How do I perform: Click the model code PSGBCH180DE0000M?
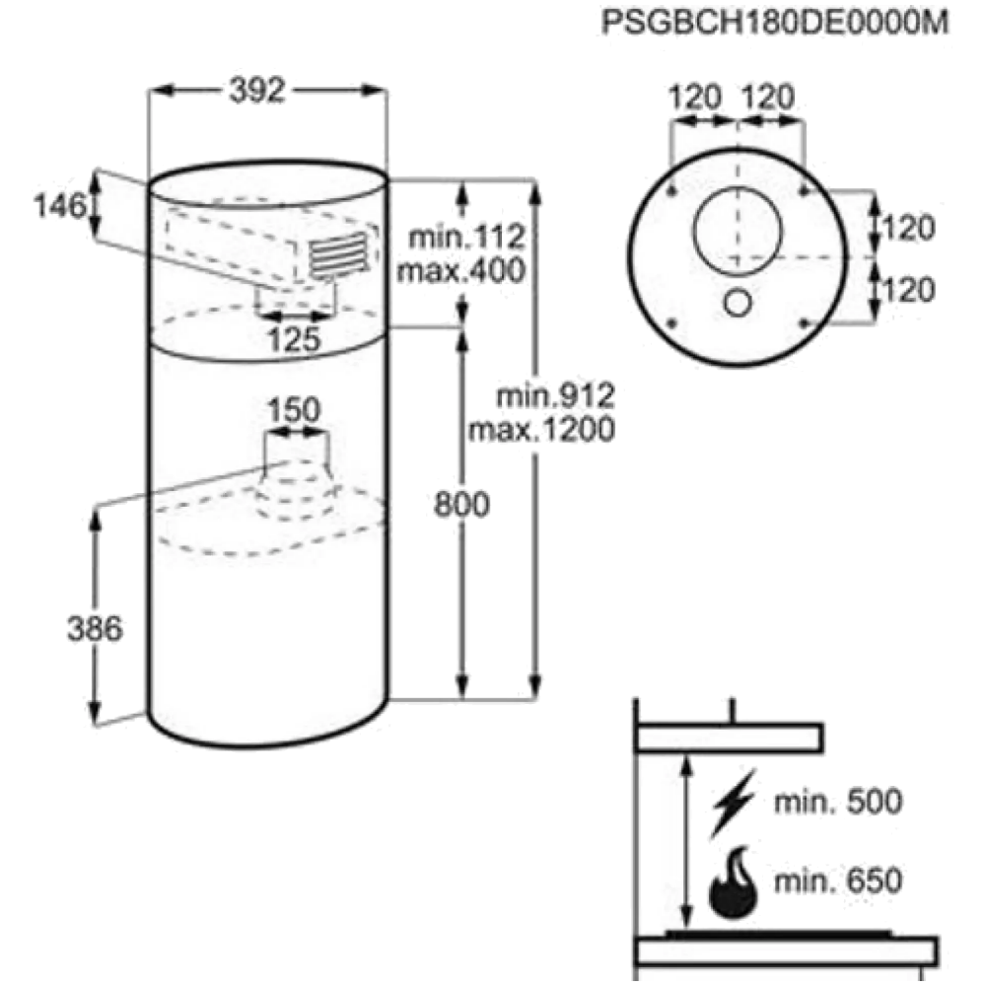[775, 24]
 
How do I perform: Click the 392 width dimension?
[257, 90]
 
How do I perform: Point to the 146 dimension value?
[59, 206]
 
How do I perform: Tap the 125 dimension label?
[294, 339]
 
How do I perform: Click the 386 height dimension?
[95, 628]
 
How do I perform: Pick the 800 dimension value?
[461, 504]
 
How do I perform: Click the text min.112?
[466, 238]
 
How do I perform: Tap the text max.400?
[460, 271]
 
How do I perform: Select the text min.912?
[555, 396]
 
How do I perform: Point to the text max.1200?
[541, 430]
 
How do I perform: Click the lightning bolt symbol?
[733, 804]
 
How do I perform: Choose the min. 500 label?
[837, 802]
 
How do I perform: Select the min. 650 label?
[837, 880]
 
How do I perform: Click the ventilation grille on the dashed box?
[338, 253]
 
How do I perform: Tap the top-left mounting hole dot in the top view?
[672, 189]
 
